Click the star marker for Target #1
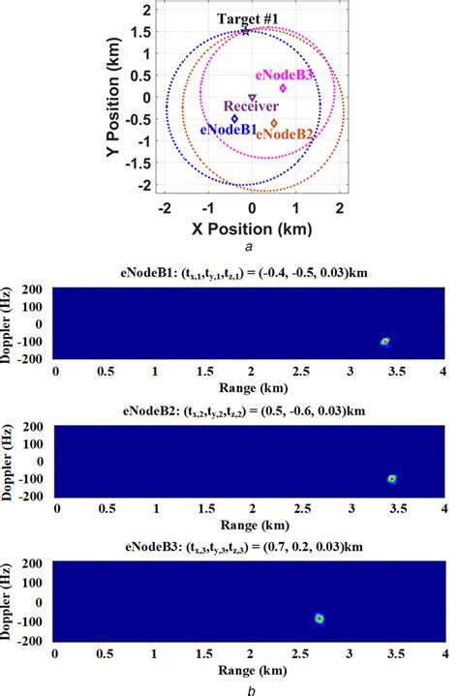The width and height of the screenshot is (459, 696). pos(246,31)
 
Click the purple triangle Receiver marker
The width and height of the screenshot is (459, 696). pos(252,97)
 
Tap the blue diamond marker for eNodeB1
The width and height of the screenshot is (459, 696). pos(234,119)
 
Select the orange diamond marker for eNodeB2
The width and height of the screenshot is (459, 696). pos(274,123)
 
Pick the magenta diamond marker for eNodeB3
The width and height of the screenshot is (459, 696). pos(283,88)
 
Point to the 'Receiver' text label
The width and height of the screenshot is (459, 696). pos(251,107)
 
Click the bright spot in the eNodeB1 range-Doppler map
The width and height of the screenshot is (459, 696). pos(384,341)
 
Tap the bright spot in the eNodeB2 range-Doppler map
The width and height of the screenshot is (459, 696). pos(392,478)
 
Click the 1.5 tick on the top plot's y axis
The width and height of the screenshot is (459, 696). pos(141,31)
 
